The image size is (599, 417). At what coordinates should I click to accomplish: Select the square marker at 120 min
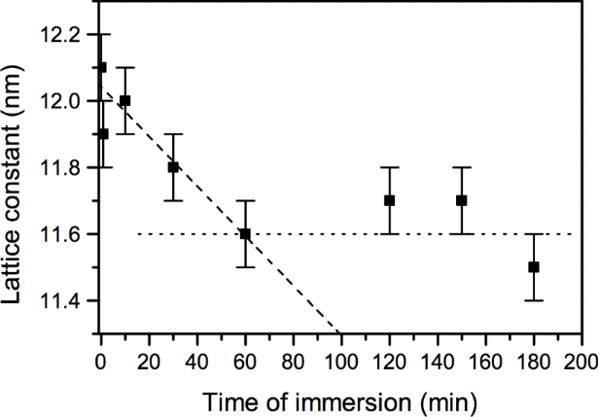click(389, 200)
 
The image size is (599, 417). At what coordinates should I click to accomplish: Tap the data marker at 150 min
click(461, 200)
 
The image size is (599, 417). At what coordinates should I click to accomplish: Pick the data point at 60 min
click(245, 233)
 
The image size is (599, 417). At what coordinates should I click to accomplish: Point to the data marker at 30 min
click(173, 167)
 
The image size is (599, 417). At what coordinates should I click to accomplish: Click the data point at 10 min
click(124, 100)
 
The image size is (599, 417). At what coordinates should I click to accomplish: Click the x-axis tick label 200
click(581, 362)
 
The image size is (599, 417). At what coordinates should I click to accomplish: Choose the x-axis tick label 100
click(340, 362)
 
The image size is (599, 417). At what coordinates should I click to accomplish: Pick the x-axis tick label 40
click(197, 362)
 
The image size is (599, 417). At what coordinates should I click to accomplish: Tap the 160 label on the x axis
click(484, 362)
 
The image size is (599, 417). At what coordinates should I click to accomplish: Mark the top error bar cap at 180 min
click(533, 233)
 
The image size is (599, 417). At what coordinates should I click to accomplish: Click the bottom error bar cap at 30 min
click(173, 200)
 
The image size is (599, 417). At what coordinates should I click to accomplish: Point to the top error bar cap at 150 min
click(461, 167)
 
